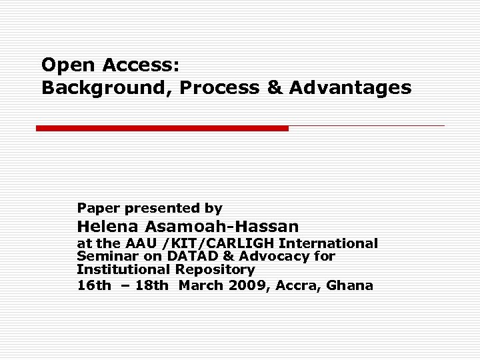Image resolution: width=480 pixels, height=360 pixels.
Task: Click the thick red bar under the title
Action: [162, 128]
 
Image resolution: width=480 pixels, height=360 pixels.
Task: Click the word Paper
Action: [97, 208]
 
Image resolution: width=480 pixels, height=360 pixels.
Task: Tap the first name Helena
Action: [105, 226]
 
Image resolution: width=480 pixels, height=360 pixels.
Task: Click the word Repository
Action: [215, 269]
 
